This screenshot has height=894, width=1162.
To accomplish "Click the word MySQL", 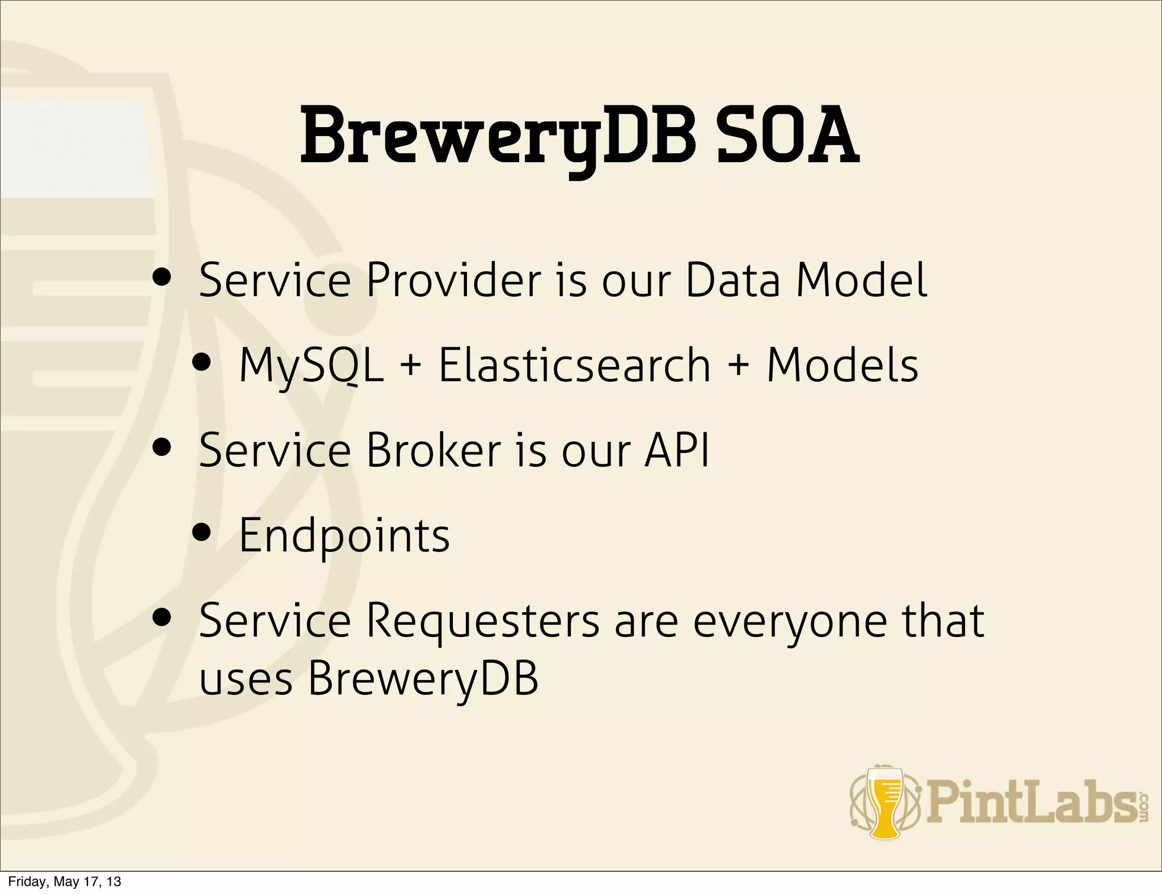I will click(311, 365).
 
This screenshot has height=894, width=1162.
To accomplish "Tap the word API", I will click(676, 450).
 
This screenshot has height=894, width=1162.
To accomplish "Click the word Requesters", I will click(483, 621).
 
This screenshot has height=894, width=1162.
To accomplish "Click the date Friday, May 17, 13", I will click(65, 882).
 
